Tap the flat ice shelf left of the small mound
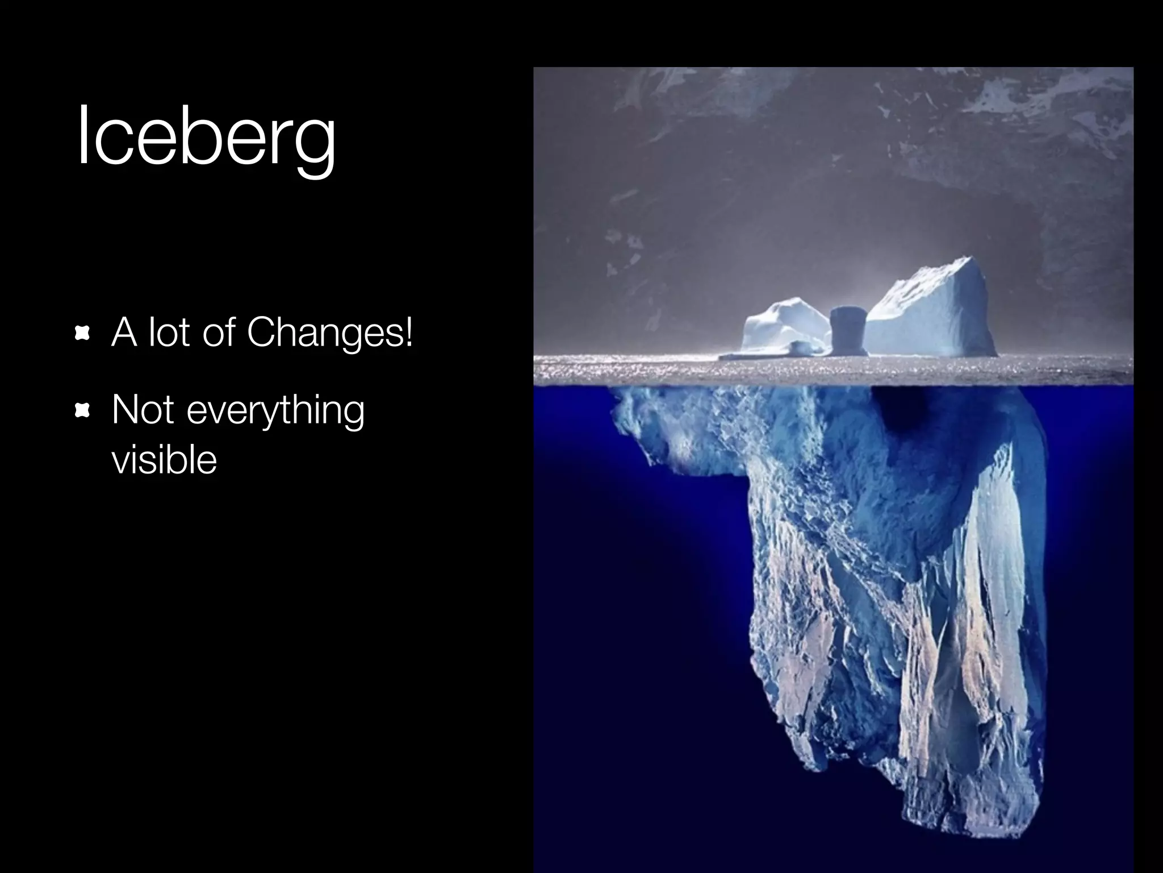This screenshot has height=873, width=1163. point(738,356)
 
